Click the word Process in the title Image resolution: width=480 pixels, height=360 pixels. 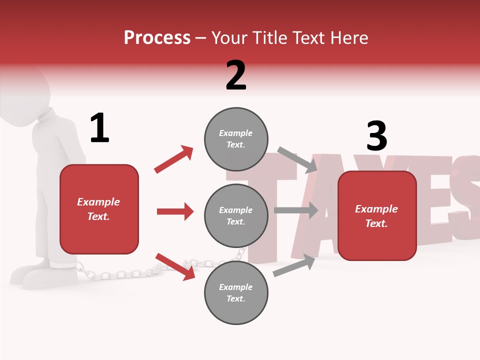click(x=157, y=37)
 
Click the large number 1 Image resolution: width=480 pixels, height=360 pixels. click(x=99, y=128)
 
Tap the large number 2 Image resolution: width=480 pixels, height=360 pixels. click(x=236, y=75)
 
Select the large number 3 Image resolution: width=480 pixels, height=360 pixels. click(x=376, y=136)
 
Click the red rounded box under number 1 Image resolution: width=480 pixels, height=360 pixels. click(x=99, y=209)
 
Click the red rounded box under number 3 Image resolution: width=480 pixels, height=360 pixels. click(x=377, y=216)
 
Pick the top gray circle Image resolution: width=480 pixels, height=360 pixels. click(x=236, y=139)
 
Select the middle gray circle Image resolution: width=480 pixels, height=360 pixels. click(x=236, y=216)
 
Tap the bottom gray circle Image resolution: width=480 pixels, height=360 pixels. click(x=236, y=293)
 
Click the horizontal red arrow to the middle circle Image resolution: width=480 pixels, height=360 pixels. click(x=175, y=211)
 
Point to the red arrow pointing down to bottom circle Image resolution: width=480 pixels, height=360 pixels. click(x=175, y=266)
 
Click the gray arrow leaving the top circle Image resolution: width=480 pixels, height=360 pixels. click(x=297, y=159)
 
